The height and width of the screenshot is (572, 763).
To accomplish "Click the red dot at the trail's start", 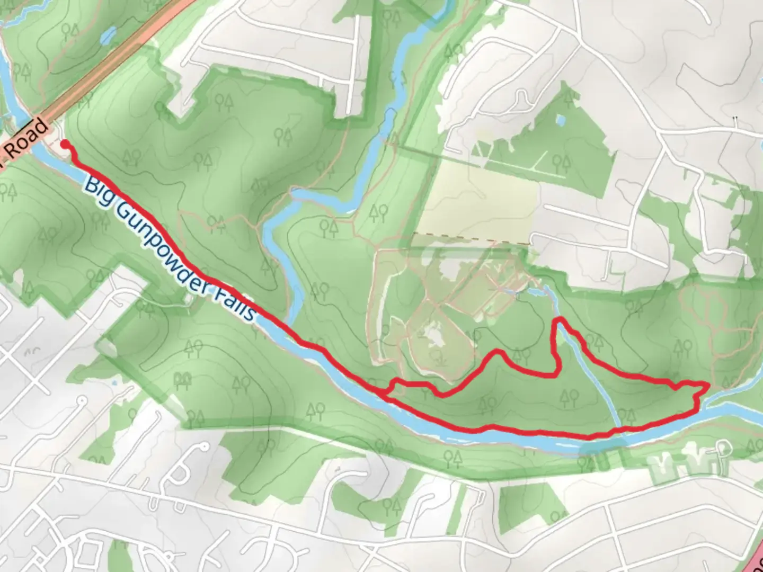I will point(65,144).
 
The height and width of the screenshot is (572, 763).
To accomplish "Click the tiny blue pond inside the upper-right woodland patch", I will point(560,120).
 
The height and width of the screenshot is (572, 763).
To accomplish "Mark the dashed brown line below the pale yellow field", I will point(472,238).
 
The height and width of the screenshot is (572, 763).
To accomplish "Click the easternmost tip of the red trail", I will point(708,385).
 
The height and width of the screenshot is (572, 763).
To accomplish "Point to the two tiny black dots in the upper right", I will point(735,117).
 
